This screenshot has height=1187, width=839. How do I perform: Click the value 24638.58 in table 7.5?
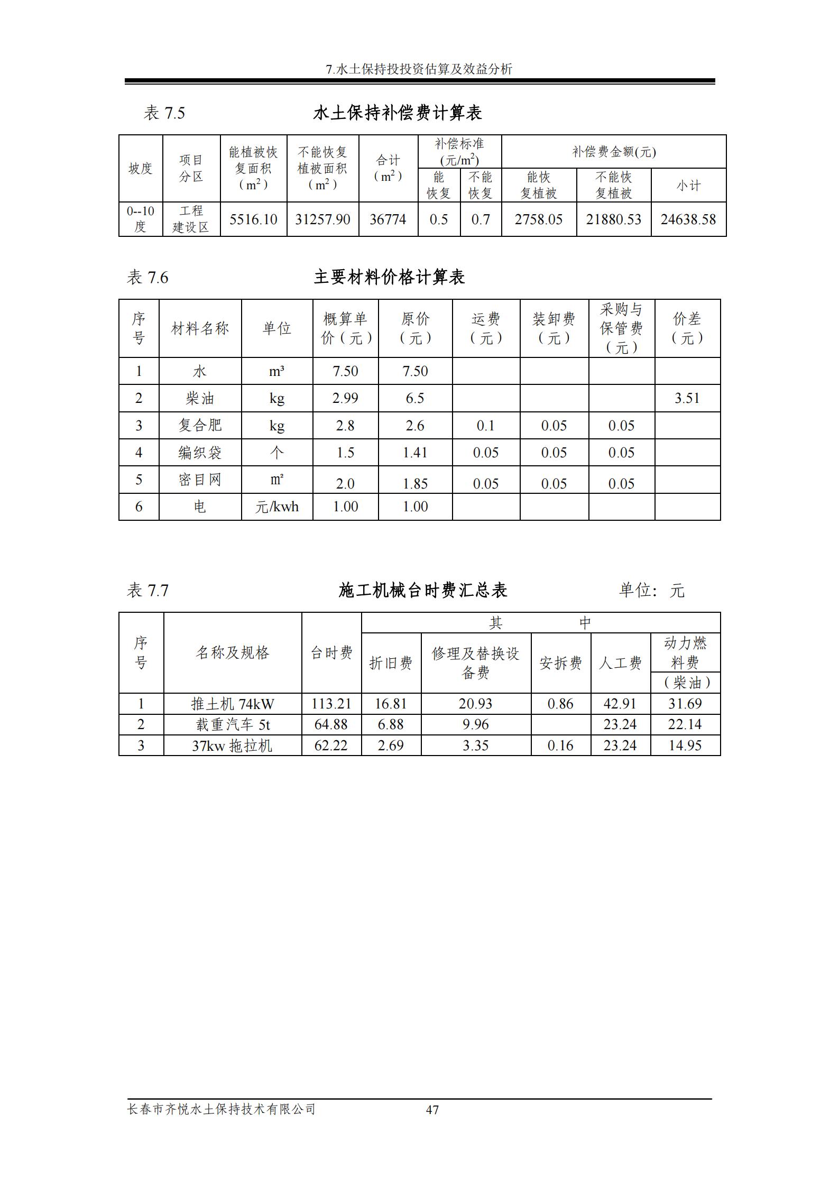[688, 219]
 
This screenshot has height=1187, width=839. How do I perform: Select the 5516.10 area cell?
[253, 219]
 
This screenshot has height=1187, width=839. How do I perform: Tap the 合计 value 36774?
[388, 219]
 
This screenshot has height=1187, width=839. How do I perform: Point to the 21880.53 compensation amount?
[613, 219]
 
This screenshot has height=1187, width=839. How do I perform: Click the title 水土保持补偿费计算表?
[397, 113]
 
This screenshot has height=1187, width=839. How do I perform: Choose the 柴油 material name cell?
[200, 398]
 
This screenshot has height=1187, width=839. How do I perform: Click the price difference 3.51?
[687, 398]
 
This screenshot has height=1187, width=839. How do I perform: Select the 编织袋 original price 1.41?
[415, 453]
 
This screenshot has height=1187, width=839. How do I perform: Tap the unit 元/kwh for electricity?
[276, 507]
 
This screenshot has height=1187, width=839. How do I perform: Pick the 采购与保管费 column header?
[621, 328]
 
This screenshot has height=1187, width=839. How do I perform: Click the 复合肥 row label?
[200, 426]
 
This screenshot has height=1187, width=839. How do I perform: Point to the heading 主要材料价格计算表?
[389, 278]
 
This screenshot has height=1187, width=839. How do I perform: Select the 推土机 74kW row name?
[233, 704]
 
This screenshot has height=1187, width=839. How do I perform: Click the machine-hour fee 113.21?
[331, 704]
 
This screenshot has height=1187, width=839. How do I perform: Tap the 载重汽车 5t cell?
[233, 724]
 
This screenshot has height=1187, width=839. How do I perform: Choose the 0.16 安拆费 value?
[560, 746]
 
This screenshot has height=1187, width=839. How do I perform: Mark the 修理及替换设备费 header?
[476, 663]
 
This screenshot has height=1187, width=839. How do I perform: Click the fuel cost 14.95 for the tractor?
[685, 746]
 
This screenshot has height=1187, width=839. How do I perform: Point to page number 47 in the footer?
[432, 1110]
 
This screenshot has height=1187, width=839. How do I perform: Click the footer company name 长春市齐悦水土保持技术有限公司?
[222, 1109]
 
